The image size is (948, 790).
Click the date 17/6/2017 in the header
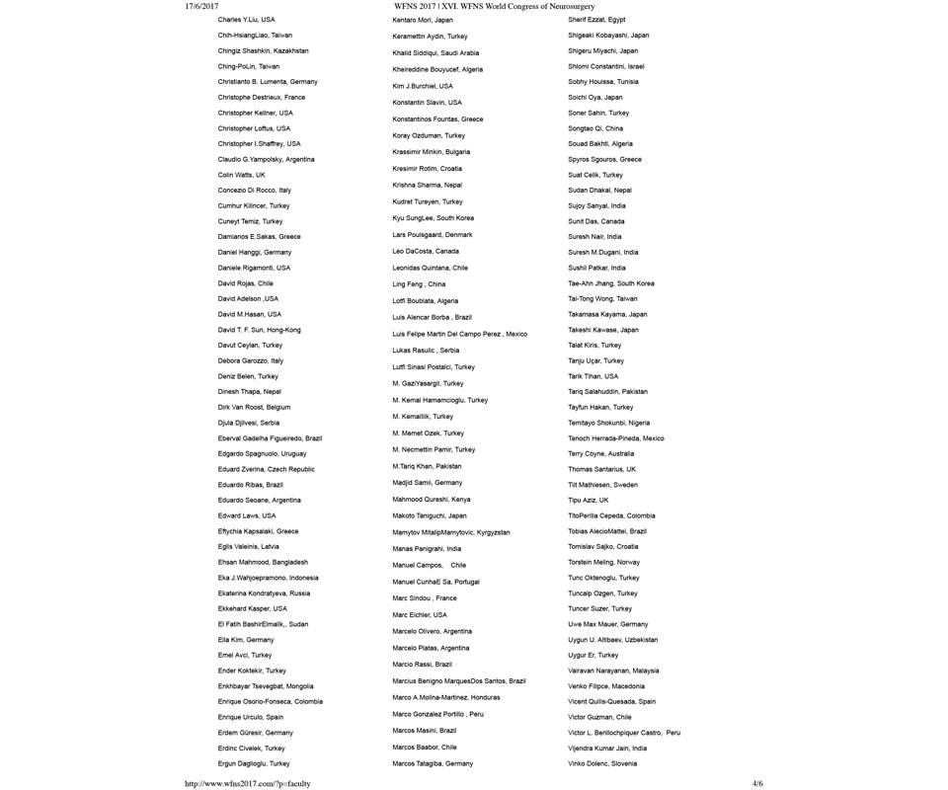[x=201, y=6]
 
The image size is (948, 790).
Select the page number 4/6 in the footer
[x=757, y=783]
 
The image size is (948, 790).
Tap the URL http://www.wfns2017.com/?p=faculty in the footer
[x=248, y=783]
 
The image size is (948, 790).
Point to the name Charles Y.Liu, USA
[x=246, y=20]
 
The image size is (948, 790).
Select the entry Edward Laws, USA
[x=246, y=515]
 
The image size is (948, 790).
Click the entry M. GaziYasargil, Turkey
[x=428, y=383]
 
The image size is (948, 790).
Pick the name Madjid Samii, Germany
[x=427, y=483]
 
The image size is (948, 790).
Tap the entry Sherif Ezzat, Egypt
[x=596, y=20]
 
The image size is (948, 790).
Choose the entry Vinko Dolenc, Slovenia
[x=602, y=763]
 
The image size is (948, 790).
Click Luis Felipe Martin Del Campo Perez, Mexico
[x=459, y=334]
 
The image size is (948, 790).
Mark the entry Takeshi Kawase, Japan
[x=602, y=330]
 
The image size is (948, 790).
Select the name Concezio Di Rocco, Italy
[x=254, y=190]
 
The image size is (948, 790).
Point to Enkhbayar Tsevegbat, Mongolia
[x=266, y=685]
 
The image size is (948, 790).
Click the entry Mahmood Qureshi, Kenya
[x=431, y=500]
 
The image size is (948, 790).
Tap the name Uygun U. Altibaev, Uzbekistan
[x=612, y=640]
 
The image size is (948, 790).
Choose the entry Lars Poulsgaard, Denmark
[x=432, y=235]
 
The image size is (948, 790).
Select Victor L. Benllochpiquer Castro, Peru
[x=624, y=733]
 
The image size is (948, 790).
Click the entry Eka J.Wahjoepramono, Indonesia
[x=268, y=578]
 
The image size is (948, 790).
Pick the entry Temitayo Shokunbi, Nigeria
[x=608, y=423]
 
